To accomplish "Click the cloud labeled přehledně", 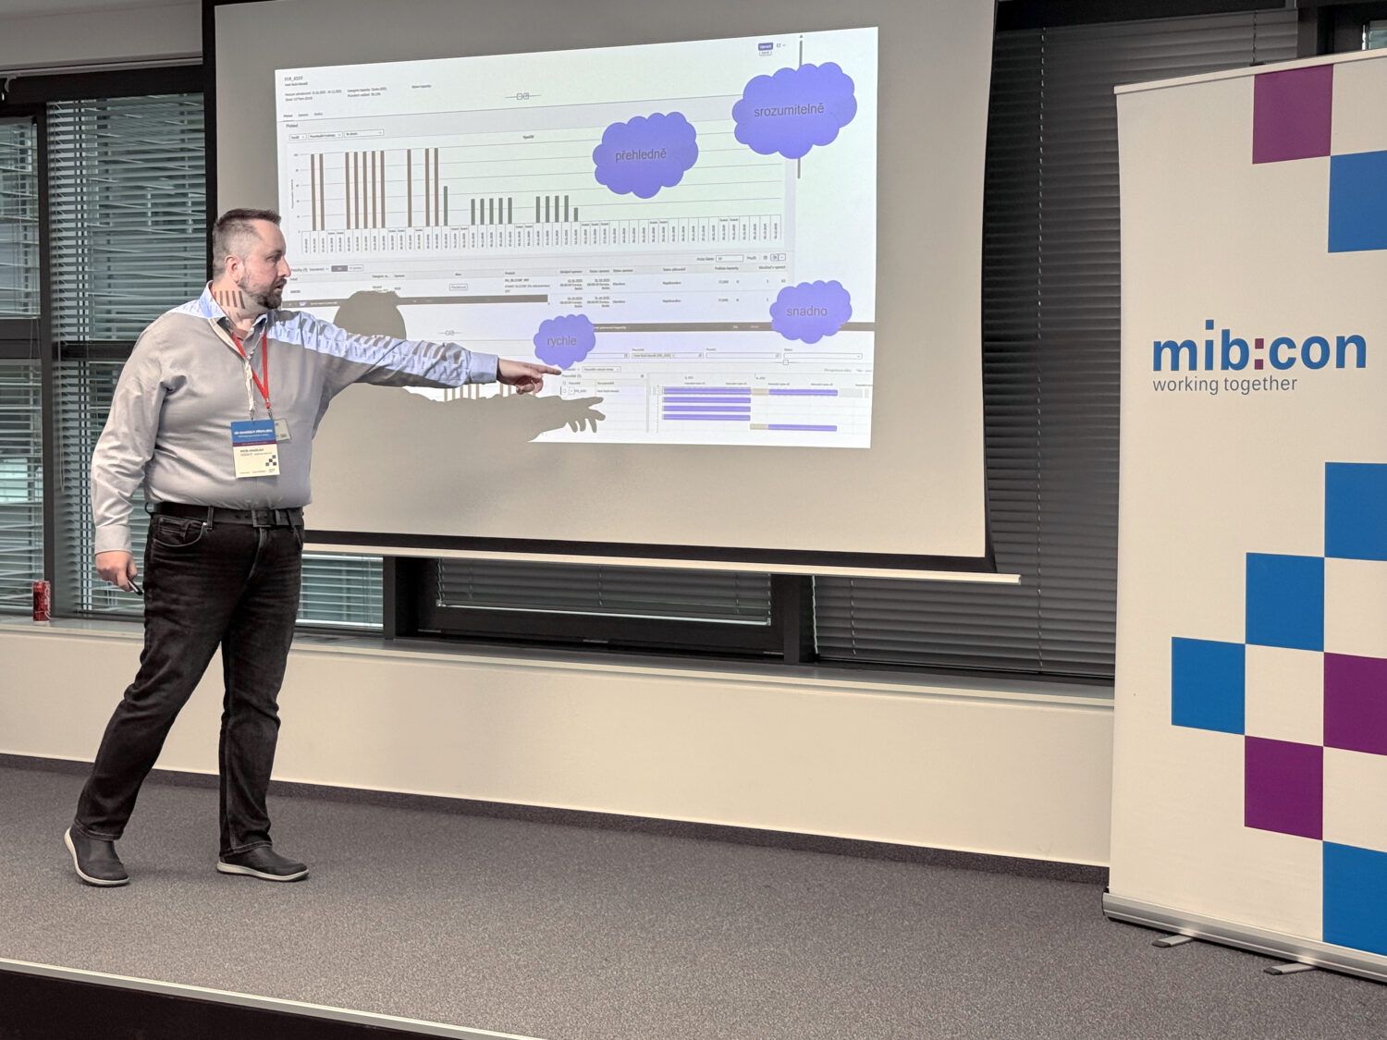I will (644, 154).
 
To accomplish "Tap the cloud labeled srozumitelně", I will (792, 110).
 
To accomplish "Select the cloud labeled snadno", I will (809, 311).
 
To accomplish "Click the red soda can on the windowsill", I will (42, 600).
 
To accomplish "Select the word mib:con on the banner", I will (1258, 350).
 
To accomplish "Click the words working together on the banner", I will (1224, 384).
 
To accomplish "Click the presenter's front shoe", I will (263, 863).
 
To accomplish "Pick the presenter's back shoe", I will (95, 857).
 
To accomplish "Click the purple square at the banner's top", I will (1292, 114).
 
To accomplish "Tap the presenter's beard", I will (267, 295).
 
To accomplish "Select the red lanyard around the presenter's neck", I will (258, 370).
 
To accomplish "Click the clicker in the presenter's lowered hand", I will (135, 585).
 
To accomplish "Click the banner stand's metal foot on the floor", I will (1174, 940).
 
